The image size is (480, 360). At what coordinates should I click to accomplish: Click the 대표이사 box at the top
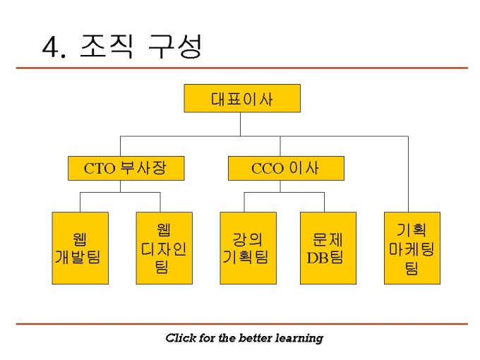[242, 98]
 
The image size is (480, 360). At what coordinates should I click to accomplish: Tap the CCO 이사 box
[286, 168]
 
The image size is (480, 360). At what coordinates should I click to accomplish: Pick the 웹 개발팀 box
[80, 248]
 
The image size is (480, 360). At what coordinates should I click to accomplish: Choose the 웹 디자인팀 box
[164, 248]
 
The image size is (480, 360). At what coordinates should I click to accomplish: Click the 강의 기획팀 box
[248, 248]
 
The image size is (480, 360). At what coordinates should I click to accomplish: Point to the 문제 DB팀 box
[328, 248]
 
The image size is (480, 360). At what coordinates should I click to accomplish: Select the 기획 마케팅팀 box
[412, 248]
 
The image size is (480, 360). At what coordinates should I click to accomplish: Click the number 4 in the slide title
[52, 48]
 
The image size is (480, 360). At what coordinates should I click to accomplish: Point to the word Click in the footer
[180, 338]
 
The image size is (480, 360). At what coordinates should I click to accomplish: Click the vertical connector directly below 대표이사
[241, 124]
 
